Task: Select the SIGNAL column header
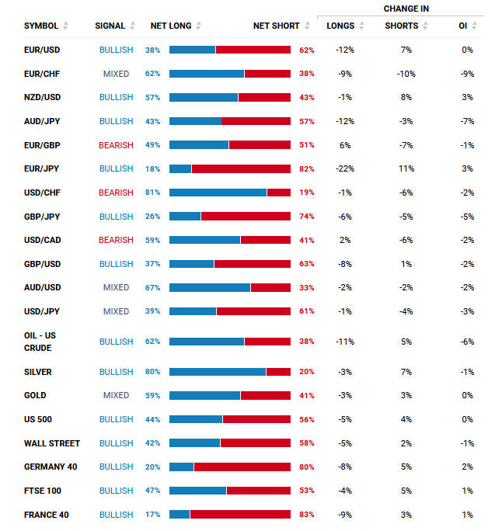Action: pos(110,26)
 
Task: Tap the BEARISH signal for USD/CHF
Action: pos(116,193)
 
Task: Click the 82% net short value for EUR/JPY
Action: pos(306,169)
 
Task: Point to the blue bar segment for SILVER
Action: pos(218,372)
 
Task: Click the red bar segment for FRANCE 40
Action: pos(240,515)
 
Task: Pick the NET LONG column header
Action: pos(171,26)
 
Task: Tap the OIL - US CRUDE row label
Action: pos(40,342)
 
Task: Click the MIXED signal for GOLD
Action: pos(116,395)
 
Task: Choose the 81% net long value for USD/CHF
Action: pos(152,193)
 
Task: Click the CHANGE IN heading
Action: pos(406,9)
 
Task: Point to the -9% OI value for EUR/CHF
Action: pos(467,74)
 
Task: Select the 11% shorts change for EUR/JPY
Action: pos(406,168)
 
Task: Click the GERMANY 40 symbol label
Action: pos(51,467)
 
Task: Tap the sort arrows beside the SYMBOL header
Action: pos(65,26)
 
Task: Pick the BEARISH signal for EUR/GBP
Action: pos(116,145)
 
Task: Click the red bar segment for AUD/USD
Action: pos(270,288)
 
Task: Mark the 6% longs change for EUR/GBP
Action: pos(345,145)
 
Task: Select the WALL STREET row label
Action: pos(52,443)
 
